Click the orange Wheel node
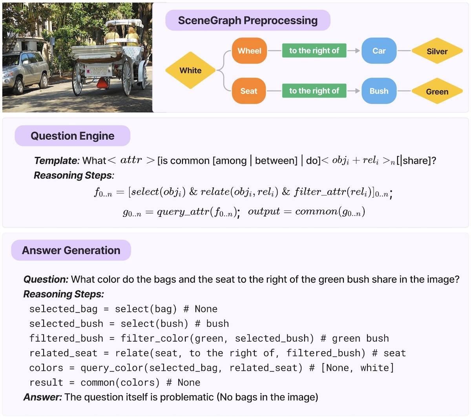(249, 51)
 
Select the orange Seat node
(249, 91)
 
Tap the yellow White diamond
(190, 71)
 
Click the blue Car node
(379, 51)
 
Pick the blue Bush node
(379, 91)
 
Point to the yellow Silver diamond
(437, 51)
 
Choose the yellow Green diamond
(437, 91)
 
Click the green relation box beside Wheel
(314, 51)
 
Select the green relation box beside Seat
(314, 91)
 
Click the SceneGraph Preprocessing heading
(248, 20)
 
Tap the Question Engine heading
(73, 136)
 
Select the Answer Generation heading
(71, 250)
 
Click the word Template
(57, 160)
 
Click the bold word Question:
(46, 279)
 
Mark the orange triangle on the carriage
(103, 83)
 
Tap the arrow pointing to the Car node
(354, 51)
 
